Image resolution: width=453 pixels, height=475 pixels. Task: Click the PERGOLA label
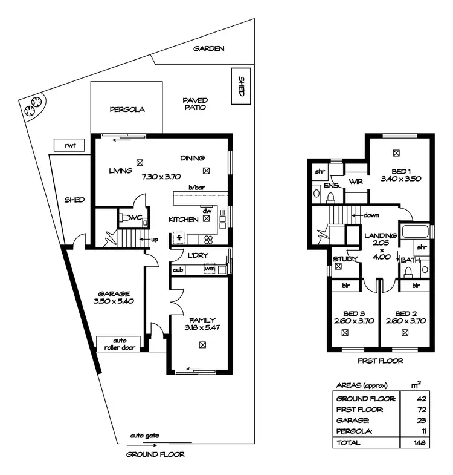point(127,110)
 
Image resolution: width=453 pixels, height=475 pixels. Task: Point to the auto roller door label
point(119,344)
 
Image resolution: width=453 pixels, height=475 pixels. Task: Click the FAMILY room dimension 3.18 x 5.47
point(202,327)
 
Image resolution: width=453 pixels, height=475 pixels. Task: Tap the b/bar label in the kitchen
point(196,188)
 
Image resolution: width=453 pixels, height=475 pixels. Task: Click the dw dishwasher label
point(207,211)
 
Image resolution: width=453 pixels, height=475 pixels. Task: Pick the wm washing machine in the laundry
point(209,269)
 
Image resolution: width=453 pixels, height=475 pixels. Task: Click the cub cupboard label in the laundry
point(178,270)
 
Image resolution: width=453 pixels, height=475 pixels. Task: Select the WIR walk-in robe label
point(356,182)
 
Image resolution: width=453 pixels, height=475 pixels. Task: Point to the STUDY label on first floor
point(345,259)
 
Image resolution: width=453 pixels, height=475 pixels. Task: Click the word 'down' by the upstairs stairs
point(371,215)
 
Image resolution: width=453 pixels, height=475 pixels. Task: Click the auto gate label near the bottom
point(144,435)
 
